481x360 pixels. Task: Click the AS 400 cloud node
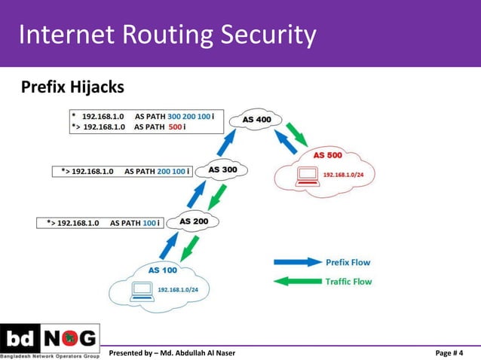coord(257,119)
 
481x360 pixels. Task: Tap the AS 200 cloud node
coord(194,221)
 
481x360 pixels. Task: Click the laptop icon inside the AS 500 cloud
coord(307,175)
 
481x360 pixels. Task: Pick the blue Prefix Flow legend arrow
coord(297,262)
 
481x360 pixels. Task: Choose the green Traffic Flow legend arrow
coord(297,282)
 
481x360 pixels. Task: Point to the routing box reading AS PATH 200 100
coord(122,171)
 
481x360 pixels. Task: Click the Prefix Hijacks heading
coord(72,88)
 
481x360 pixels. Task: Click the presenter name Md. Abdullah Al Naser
coord(198,352)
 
